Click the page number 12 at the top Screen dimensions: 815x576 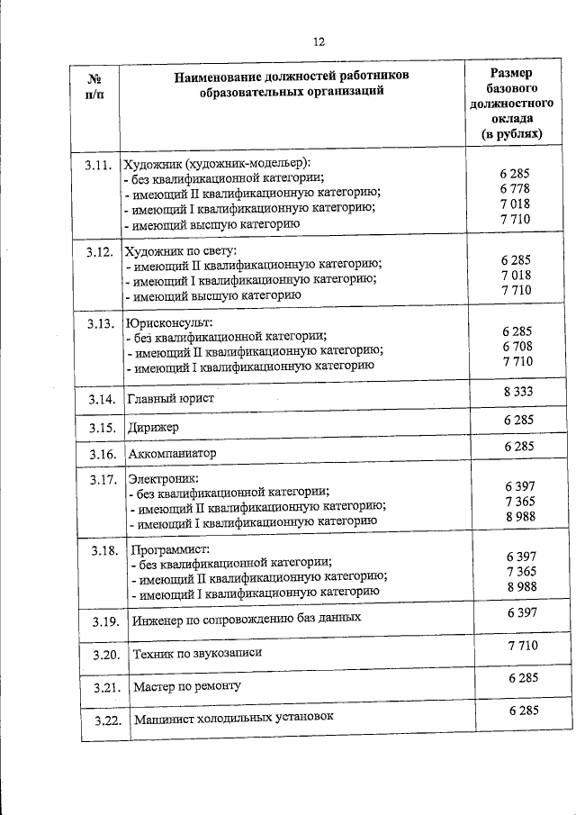pyautogui.click(x=319, y=41)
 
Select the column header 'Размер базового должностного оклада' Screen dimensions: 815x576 pyautogui.click(x=510, y=104)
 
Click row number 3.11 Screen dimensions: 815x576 pyautogui.click(x=98, y=164)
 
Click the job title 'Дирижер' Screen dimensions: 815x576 pyautogui.click(x=153, y=427)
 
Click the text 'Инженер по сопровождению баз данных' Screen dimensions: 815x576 pyautogui.click(x=247, y=619)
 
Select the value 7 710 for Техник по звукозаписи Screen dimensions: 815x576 pyautogui.click(x=523, y=645)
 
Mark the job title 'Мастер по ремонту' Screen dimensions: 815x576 pyautogui.click(x=187, y=686)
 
